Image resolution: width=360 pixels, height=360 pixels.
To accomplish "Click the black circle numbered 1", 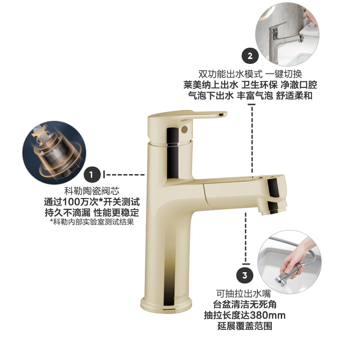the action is coord(92,175).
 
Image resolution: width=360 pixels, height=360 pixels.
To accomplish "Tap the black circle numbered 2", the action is coord(250,56).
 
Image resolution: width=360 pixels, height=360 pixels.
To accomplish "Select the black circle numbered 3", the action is coord(244,275).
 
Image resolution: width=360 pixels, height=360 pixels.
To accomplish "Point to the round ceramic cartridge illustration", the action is coord(54,153).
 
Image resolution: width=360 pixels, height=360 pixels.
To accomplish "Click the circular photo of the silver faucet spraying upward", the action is coord(287,35).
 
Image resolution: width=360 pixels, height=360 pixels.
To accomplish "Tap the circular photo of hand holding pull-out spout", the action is coord(289,262).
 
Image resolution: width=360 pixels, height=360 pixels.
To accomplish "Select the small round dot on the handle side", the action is coord(184,129).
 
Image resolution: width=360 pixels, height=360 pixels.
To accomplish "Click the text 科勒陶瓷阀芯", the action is coord(92,191).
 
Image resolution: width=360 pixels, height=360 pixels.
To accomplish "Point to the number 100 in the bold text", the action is coord(71,202).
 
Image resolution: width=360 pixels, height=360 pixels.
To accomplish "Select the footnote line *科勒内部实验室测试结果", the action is coord(92,222).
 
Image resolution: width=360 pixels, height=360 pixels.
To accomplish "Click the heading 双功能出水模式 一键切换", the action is coord(250,74).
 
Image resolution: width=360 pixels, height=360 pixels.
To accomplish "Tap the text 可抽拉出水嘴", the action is coord(243,294).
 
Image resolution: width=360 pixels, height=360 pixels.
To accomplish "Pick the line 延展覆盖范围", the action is coord(245,326).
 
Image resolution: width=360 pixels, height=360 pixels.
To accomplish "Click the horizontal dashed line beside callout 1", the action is coord(124,175).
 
